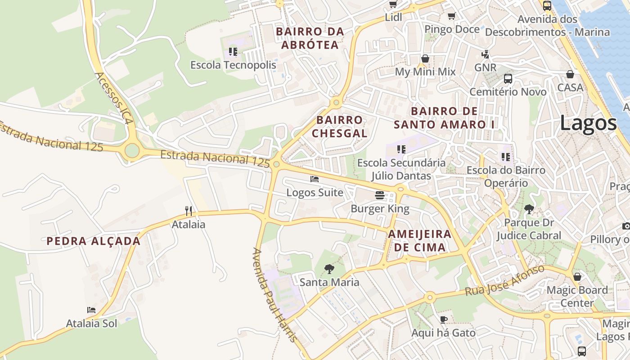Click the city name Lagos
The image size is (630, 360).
pyautogui.click(x=588, y=123)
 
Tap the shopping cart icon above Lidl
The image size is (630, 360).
pyautogui.click(x=393, y=4)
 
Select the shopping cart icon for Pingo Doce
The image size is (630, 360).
pyautogui.click(x=451, y=16)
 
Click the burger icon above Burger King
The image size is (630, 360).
pyautogui.click(x=380, y=195)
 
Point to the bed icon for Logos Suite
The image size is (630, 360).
pyautogui.click(x=315, y=179)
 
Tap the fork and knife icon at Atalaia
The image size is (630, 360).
pyautogui.click(x=189, y=211)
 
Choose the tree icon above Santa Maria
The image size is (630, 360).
pyautogui.click(x=329, y=269)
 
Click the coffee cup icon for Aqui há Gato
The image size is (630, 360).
pyautogui.click(x=443, y=319)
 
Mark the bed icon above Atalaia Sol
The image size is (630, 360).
pyautogui.click(x=91, y=310)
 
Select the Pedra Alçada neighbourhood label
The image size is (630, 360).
pyautogui.click(x=94, y=241)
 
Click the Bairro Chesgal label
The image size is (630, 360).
pyautogui.click(x=340, y=126)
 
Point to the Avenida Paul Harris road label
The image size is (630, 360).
pyautogui.click(x=275, y=295)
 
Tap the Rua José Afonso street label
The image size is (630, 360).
pyautogui.click(x=504, y=280)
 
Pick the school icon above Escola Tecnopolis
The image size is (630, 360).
pyautogui.click(x=233, y=52)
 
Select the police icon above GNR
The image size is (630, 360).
pyautogui.click(x=485, y=54)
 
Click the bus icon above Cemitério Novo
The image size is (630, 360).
pyautogui.click(x=508, y=79)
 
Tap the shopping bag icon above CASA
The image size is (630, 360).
pyautogui.click(x=570, y=74)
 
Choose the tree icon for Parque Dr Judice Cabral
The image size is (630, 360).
pyautogui.click(x=529, y=209)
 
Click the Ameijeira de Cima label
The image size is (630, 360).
pyautogui.click(x=419, y=240)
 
